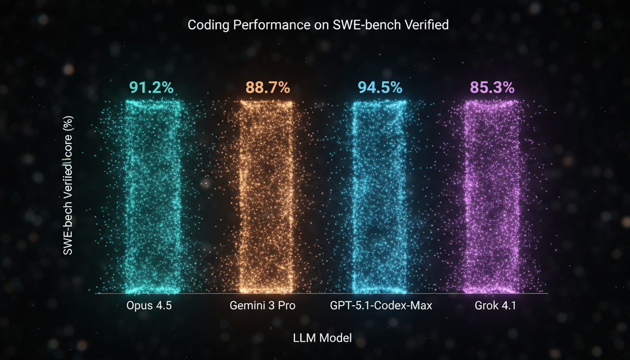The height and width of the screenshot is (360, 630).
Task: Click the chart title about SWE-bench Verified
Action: pyautogui.click(x=318, y=25)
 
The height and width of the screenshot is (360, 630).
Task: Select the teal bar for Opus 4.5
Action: pyautogui.click(x=153, y=197)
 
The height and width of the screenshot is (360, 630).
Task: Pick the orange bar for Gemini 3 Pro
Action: pyautogui.click(x=266, y=197)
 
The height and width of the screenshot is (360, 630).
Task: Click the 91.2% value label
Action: pyautogui.click(x=151, y=88)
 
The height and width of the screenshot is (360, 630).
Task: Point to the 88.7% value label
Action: pyautogui.click(x=268, y=88)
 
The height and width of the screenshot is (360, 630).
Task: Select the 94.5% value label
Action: pyautogui.click(x=380, y=88)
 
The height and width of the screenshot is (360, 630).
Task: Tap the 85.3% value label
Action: pyautogui.click(x=492, y=88)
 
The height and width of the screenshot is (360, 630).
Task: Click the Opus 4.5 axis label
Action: pyautogui.click(x=149, y=306)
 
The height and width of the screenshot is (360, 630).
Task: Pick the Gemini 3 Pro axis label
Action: pyautogui.click(x=263, y=306)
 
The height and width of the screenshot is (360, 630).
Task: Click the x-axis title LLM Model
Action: pyautogui.click(x=322, y=337)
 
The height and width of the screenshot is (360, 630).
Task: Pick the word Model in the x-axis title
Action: pyautogui.click(x=336, y=337)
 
